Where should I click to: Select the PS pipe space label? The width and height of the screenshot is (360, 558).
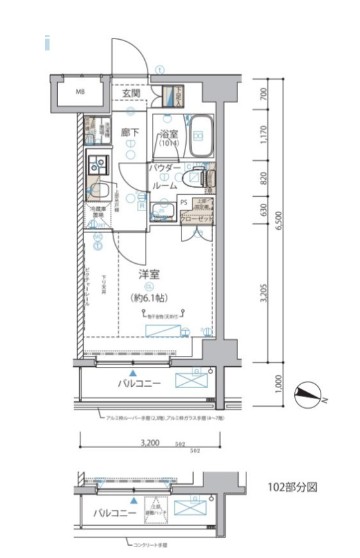[x=184, y=203]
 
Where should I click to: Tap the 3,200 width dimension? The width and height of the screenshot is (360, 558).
[x=151, y=441]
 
